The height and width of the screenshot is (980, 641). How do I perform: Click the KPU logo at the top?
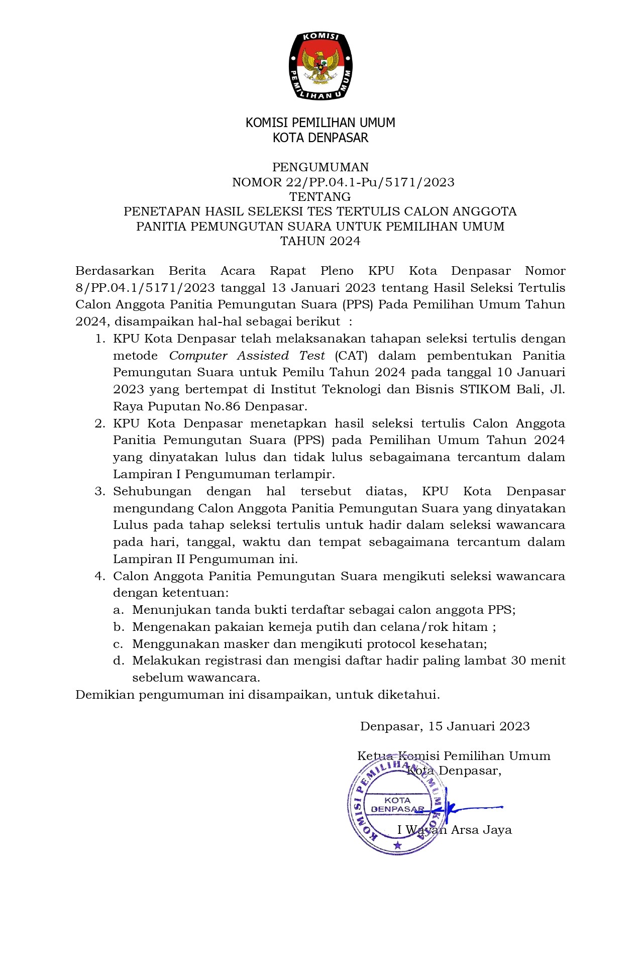click(320, 66)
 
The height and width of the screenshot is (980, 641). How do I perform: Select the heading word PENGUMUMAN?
click(320, 167)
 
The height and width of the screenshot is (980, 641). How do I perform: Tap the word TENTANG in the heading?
click(320, 197)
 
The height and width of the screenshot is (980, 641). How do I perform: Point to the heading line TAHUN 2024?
click(320, 241)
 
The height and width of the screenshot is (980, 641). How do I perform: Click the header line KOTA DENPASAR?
click(320, 138)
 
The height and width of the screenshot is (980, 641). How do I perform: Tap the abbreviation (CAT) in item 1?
click(351, 356)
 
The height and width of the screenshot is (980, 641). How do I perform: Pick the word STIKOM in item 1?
click(485, 389)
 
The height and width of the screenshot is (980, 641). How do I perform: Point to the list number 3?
click(99, 491)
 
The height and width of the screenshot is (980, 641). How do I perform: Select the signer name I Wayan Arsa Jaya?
click(455, 830)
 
